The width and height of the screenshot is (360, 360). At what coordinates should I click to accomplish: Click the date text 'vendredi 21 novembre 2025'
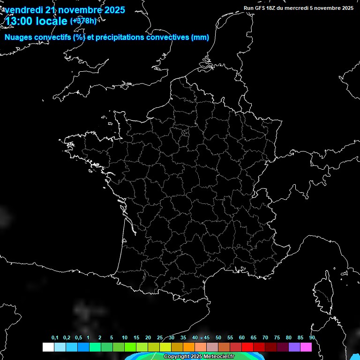[x=65, y=10]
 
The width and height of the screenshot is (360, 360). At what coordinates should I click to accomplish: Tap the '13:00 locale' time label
[x=36, y=21]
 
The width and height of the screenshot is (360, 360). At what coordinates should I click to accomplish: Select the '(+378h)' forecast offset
[x=83, y=21]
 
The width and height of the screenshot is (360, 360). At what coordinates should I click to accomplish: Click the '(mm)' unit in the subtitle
[x=200, y=37]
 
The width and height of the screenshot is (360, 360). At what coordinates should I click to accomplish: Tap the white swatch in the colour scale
[x=48, y=347]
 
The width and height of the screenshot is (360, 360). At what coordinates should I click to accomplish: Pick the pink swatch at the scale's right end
[x=306, y=347]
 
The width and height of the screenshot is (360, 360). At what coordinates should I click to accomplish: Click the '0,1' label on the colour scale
[x=55, y=338]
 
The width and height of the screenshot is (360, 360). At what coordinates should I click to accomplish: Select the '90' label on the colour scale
[x=312, y=338]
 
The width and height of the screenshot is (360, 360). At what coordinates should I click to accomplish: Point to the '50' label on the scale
[x=218, y=338]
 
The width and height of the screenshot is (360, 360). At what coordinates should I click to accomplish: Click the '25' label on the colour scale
[x=160, y=338]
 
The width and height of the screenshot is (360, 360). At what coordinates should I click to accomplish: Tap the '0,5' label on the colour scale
[x=78, y=338]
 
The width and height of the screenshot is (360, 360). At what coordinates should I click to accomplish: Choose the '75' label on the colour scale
[x=277, y=338]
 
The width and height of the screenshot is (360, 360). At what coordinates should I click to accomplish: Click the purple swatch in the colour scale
[x=294, y=347]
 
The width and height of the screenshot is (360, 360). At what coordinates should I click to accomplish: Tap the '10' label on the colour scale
[x=125, y=338]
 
